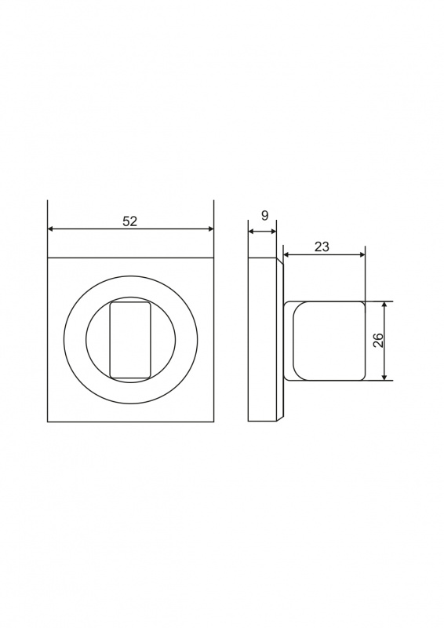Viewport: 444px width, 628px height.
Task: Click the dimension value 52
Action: [x=129, y=221]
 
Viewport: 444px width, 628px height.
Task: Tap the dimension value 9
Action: [x=264, y=215]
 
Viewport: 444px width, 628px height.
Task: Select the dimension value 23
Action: [x=322, y=246]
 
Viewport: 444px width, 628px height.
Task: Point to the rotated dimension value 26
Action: [x=379, y=341]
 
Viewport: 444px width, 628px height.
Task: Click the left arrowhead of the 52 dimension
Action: [x=50, y=229]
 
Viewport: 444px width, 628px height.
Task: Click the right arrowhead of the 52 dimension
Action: [x=210, y=229]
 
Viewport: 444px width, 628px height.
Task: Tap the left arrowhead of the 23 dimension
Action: [x=286, y=254]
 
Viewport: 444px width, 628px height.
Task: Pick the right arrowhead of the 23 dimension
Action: [x=362, y=254]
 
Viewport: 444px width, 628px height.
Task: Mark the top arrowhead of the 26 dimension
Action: [x=384, y=305]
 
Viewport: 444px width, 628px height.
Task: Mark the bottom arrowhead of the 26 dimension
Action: [x=384, y=377]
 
